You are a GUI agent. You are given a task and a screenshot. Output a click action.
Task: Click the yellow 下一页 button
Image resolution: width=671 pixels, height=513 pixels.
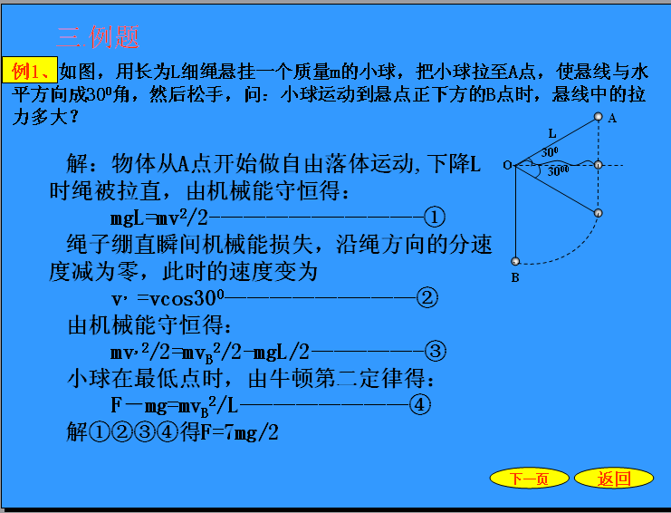(x=529, y=478)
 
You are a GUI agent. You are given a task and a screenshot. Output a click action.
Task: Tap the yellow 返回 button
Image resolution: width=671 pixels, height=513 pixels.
(x=614, y=478)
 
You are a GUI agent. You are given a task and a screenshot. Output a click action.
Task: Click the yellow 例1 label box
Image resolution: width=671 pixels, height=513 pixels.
(x=30, y=70)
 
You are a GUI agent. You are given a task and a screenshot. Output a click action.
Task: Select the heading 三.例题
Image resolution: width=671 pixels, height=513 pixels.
(x=98, y=37)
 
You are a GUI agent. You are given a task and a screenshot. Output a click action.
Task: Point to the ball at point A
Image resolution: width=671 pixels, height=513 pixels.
(x=599, y=117)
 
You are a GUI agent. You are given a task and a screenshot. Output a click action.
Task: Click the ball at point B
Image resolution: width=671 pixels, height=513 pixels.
(x=515, y=261)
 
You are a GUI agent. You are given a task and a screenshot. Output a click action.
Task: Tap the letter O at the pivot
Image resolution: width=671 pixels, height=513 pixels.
(x=507, y=165)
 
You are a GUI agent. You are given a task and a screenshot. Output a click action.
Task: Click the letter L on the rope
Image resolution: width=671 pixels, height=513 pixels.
(x=552, y=134)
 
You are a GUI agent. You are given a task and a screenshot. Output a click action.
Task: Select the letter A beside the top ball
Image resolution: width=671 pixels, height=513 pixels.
(x=612, y=118)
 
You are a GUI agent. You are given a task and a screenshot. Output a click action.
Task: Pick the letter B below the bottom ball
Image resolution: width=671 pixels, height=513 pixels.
(x=515, y=277)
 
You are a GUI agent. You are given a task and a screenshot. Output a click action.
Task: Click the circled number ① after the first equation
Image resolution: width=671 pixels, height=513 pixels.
(x=435, y=217)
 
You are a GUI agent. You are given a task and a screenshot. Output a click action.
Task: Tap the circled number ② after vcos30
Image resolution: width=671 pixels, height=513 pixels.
(x=427, y=297)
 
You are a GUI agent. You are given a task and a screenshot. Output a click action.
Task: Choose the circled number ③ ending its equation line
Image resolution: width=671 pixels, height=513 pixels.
(x=436, y=351)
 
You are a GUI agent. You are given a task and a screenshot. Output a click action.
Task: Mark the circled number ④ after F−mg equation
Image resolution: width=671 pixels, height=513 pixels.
(x=420, y=404)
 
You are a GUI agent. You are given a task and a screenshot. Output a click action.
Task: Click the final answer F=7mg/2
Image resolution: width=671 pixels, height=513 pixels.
(x=239, y=432)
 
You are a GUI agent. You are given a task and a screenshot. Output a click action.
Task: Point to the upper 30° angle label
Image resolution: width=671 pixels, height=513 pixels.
(x=550, y=152)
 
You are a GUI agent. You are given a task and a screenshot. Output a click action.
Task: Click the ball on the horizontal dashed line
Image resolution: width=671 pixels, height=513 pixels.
(x=599, y=164)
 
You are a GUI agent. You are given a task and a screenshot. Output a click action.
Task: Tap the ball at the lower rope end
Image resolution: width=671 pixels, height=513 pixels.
(x=599, y=213)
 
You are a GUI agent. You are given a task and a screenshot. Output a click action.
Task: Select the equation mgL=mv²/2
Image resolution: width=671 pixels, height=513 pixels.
(x=159, y=218)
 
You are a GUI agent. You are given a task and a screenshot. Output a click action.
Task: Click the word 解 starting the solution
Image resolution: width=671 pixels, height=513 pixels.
(x=78, y=163)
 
